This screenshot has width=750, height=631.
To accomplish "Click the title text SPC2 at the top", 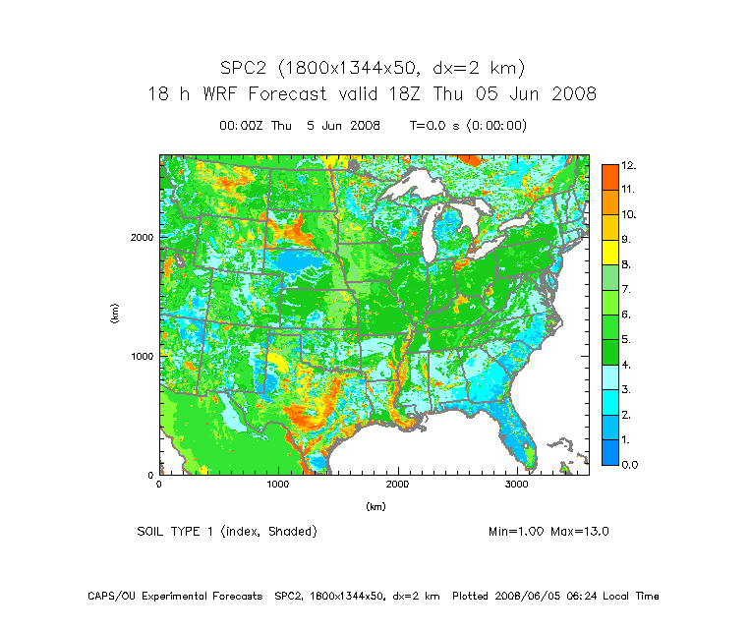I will [x=247, y=68].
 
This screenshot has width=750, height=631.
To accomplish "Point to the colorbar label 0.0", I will [x=628, y=464].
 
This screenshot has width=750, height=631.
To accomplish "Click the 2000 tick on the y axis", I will [x=142, y=237].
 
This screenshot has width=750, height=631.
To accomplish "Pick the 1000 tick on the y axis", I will [x=142, y=356].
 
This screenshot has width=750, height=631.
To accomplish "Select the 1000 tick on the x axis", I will [x=278, y=485].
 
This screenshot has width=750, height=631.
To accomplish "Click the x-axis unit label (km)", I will [x=375, y=506].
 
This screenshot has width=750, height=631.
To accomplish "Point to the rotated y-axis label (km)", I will [x=116, y=315].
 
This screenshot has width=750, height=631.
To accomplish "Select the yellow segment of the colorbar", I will [x=609, y=252].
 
